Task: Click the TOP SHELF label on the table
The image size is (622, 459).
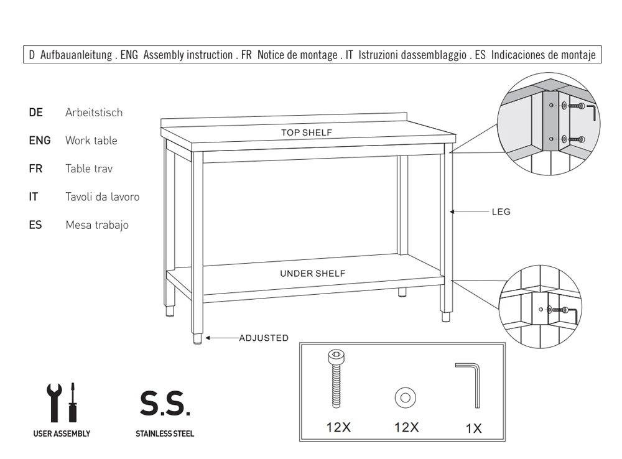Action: (306, 132)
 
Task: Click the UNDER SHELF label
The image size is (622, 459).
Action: (313, 273)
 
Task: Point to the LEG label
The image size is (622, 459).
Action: (501, 212)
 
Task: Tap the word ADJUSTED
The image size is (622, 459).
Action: (264, 338)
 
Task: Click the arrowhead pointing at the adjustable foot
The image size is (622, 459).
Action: (208, 338)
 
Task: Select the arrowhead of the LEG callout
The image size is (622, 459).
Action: (452, 212)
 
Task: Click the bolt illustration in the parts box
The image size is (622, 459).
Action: (336, 379)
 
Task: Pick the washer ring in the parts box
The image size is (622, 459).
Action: (406, 397)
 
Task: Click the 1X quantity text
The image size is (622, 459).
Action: (473, 429)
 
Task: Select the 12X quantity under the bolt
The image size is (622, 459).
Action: (338, 427)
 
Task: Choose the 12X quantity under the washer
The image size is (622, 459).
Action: (406, 427)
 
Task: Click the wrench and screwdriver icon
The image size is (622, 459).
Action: (62, 402)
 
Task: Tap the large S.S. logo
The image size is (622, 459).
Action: (165, 404)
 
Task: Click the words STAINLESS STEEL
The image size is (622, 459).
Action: (165, 434)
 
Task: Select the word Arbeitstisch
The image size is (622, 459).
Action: (94, 113)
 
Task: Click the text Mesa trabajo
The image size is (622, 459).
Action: (97, 225)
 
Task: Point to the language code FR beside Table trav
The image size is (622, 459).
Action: (35, 169)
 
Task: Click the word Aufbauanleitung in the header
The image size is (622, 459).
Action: (76, 55)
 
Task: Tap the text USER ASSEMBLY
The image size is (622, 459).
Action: (62, 434)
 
